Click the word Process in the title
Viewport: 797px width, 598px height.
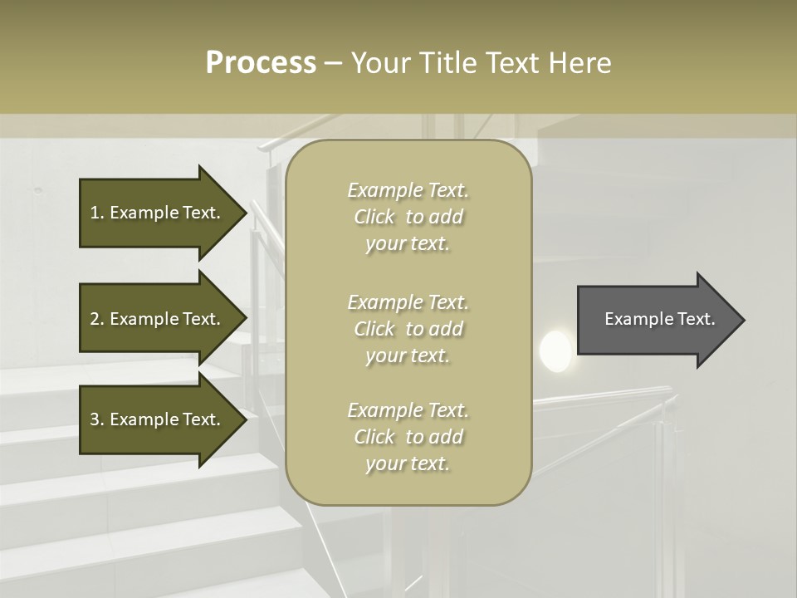(261, 63)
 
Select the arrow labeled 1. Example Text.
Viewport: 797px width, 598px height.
(158, 213)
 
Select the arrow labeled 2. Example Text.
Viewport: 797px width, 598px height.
(158, 319)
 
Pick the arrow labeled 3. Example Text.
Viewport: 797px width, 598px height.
(158, 419)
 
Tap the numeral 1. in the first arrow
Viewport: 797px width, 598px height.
(97, 213)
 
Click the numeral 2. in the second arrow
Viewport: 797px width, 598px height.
(97, 319)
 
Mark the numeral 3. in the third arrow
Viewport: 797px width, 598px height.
(97, 419)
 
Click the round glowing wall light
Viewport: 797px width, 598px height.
(555, 350)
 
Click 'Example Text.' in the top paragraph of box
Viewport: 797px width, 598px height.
(408, 190)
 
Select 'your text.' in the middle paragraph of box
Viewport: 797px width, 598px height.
(408, 355)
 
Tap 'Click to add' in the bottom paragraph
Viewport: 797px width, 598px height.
(408, 437)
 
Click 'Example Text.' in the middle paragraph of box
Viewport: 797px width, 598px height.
(408, 301)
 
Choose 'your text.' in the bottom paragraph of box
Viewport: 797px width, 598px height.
(408, 463)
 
